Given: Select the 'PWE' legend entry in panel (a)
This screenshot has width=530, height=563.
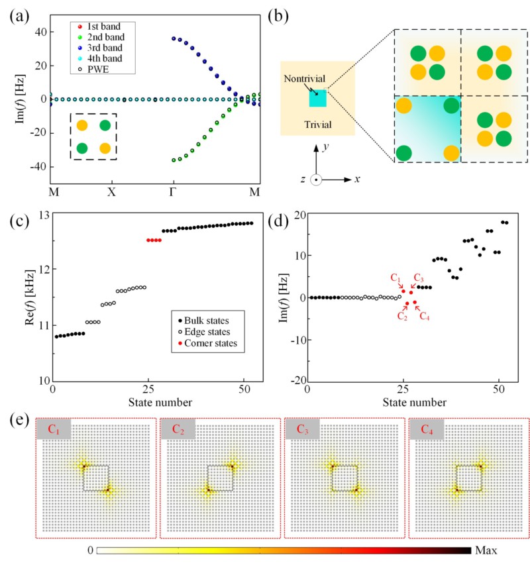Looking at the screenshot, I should [93, 70].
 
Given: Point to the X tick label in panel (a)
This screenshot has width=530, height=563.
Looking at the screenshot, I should [112, 191].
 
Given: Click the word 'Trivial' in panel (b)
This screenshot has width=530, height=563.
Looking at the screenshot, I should [317, 123].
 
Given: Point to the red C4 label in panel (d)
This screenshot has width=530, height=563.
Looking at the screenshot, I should [424, 317].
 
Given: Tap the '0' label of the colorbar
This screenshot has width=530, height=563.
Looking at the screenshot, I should [90, 550].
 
